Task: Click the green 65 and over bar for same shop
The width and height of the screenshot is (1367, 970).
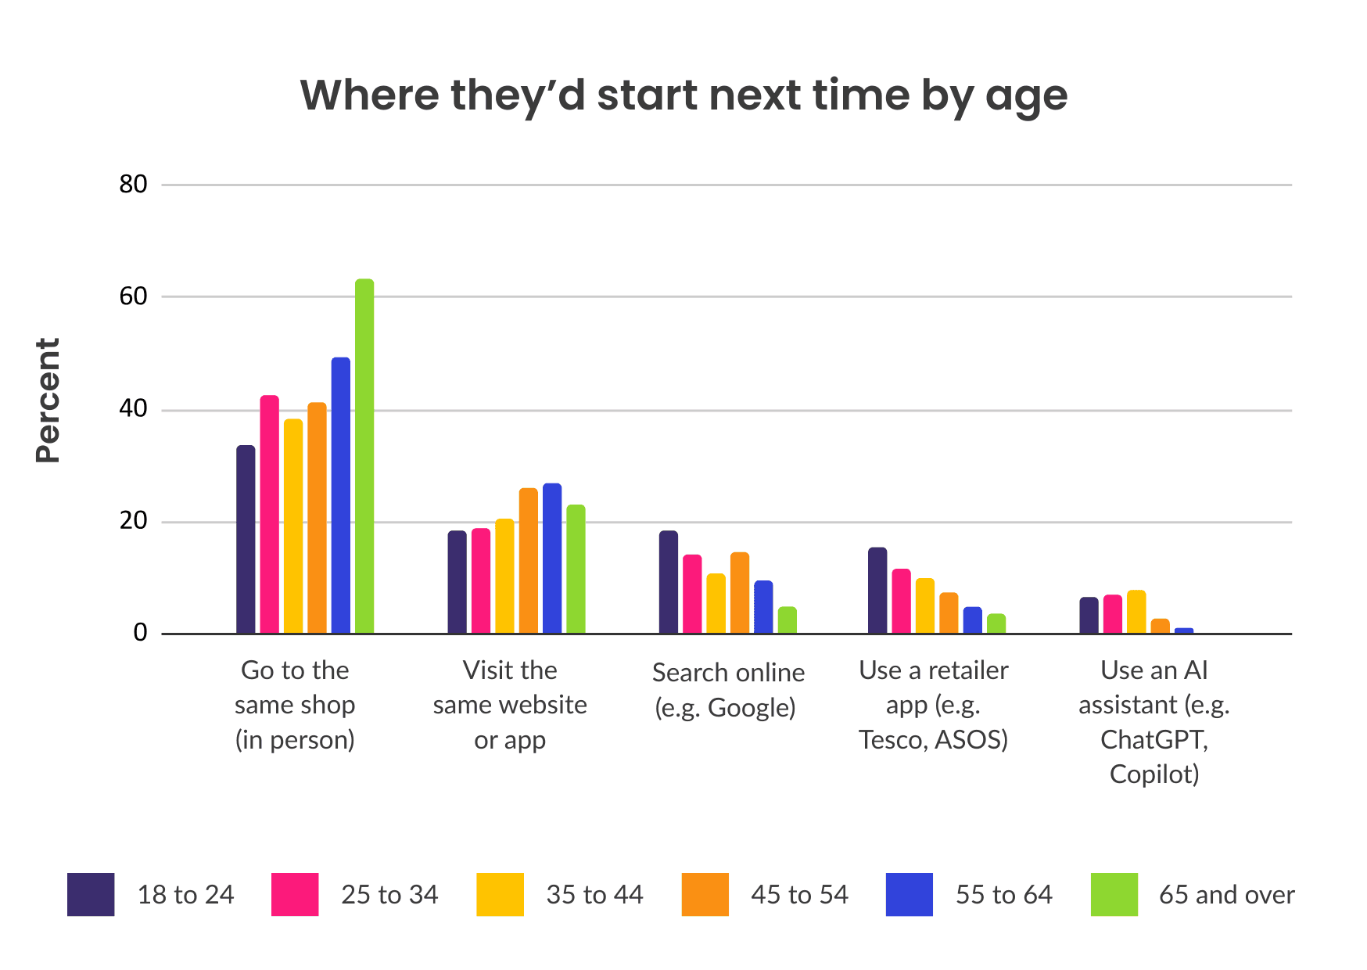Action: click(x=364, y=456)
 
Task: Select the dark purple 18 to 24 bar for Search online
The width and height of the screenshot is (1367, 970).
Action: click(x=669, y=582)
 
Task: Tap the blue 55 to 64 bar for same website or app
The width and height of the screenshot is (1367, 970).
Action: click(x=552, y=559)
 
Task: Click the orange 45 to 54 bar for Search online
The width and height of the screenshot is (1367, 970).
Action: click(x=740, y=593)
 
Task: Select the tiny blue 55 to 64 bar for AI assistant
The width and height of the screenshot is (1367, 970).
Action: click(x=1184, y=630)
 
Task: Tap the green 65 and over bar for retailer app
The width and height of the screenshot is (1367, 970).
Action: click(x=996, y=623)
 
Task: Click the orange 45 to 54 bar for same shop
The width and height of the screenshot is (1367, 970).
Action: click(x=317, y=518)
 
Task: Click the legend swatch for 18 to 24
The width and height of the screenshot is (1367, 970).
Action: click(x=91, y=894)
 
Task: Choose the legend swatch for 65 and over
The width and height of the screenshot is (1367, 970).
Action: click(x=1114, y=894)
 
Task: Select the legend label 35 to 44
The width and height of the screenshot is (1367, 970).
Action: click(x=594, y=894)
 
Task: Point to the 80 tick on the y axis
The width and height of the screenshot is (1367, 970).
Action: click(x=133, y=185)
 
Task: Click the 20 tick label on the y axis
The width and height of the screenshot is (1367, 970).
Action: click(x=133, y=521)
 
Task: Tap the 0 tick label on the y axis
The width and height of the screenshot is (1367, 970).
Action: click(x=140, y=633)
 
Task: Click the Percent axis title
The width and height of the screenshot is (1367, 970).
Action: click(x=48, y=401)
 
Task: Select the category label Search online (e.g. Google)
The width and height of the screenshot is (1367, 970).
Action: click(x=728, y=690)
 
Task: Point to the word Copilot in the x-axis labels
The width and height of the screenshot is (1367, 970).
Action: click(x=1154, y=774)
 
